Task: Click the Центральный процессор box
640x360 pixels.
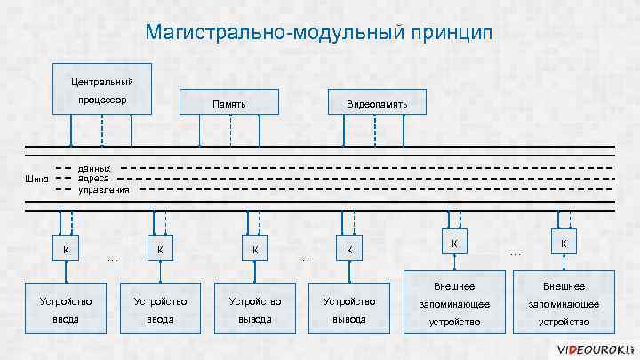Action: coord(102,90)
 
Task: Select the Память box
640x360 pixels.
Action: coord(229,104)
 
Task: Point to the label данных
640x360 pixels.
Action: coord(95,168)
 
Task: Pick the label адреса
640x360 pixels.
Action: coord(94,178)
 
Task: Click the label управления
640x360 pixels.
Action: coord(104,189)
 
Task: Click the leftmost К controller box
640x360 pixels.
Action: coord(65,249)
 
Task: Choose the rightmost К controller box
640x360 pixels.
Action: coord(564,244)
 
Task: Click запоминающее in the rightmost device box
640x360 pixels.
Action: coord(564,304)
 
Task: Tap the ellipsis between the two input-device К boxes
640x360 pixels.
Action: coord(112,260)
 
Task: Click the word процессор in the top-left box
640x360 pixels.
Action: coord(101,100)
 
